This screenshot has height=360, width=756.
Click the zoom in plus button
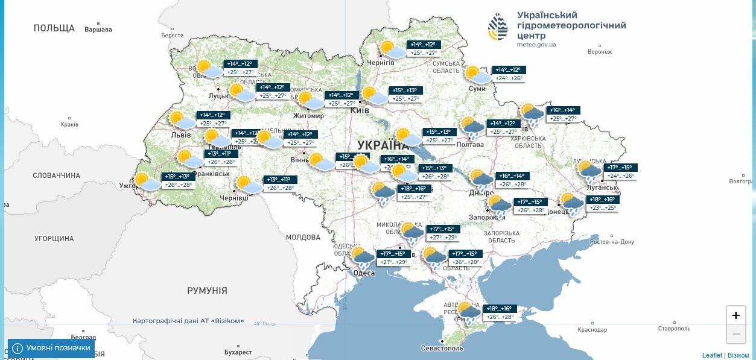click(735, 315)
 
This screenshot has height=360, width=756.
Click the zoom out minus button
click(735, 334)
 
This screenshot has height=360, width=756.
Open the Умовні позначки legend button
click(51, 348)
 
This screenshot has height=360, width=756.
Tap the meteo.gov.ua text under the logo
click(536, 45)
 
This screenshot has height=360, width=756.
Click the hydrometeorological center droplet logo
click(498, 27)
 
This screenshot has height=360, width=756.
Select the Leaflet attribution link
click(712, 355)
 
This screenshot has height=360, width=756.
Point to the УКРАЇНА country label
click(383, 145)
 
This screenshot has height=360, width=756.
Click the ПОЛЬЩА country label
click(54, 28)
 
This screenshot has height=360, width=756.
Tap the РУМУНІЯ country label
click(207, 291)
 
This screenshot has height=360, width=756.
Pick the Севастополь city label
click(442, 349)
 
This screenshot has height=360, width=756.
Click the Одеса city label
click(364, 273)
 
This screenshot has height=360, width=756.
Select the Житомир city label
click(308, 116)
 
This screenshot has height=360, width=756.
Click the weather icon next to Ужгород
click(147, 182)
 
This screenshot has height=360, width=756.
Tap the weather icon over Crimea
click(468, 312)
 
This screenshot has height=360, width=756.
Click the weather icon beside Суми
click(478, 75)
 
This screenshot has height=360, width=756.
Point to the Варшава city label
click(98, 29)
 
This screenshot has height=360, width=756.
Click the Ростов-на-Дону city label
click(612, 242)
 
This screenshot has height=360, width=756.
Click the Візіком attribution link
click(738, 355)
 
